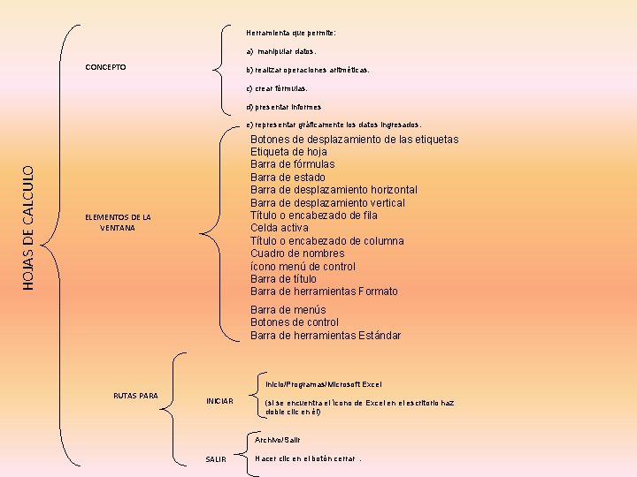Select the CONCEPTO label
click(x=105, y=67)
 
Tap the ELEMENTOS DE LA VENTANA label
click(x=118, y=223)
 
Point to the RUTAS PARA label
click(x=136, y=395)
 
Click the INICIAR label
click(x=219, y=401)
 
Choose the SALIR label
click(x=216, y=459)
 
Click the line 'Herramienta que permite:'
click(x=291, y=33)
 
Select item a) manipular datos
click(x=280, y=51)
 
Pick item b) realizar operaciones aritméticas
click(x=308, y=69)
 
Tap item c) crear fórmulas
click(x=277, y=88)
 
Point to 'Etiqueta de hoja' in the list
click(x=288, y=152)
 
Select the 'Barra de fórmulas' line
click(x=292, y=164)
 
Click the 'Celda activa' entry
click(x=280, y=228)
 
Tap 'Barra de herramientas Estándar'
click(x=326, y=336)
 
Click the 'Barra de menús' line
click(x=288, y=310)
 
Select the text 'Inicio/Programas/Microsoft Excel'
click(x=323, y=384)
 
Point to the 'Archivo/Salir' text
click(x=278, y=440)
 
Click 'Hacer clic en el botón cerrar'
click(x=306, y=458)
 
